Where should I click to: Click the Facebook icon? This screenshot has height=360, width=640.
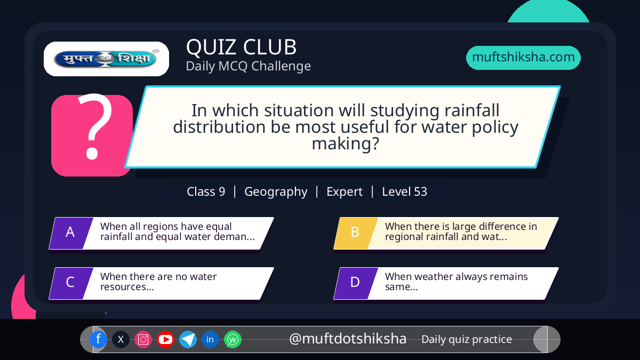98,339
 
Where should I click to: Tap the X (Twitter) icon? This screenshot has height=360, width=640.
121,339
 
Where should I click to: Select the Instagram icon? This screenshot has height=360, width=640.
143,339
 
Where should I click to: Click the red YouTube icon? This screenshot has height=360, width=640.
165,339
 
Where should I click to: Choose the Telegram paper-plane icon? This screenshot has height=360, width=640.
188,339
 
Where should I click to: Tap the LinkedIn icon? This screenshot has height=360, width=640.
210,339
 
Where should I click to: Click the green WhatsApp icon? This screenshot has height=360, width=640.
233,339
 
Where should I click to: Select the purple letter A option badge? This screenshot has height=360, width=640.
71,233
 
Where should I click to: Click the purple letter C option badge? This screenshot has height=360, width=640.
71,283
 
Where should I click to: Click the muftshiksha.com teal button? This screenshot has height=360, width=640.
523,58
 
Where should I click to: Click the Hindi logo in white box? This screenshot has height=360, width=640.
106,59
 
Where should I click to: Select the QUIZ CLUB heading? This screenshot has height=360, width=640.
242,47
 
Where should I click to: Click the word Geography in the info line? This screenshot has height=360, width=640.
276,191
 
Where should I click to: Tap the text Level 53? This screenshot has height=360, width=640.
405,191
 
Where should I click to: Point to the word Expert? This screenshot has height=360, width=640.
345,191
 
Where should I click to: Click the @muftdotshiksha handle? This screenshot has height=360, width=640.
348,339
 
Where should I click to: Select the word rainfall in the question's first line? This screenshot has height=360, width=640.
472,110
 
